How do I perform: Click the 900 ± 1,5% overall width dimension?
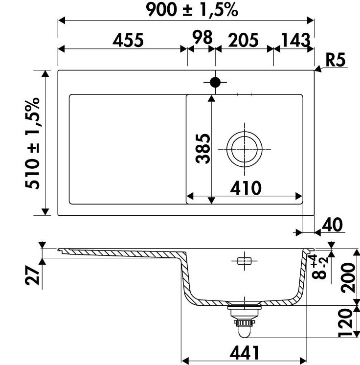pyautogui.click(x=192, y=10)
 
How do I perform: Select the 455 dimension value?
pyautogui.click(x=128, y=40)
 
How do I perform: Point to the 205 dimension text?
pyautogui.click(x=243, y=40)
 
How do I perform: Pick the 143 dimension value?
pyautogui.click(x=296, y=40)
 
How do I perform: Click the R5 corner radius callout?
pyautogui.click(x=336, y=60)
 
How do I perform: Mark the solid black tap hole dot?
pyautogui.click(x=215, y=82)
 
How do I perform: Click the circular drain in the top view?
pyautogui.click(x=245, y=149)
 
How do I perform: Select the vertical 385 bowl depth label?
pyautogui.click(x=203, y=149)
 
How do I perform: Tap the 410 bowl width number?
pyautogui.click(x=246, y=188)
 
